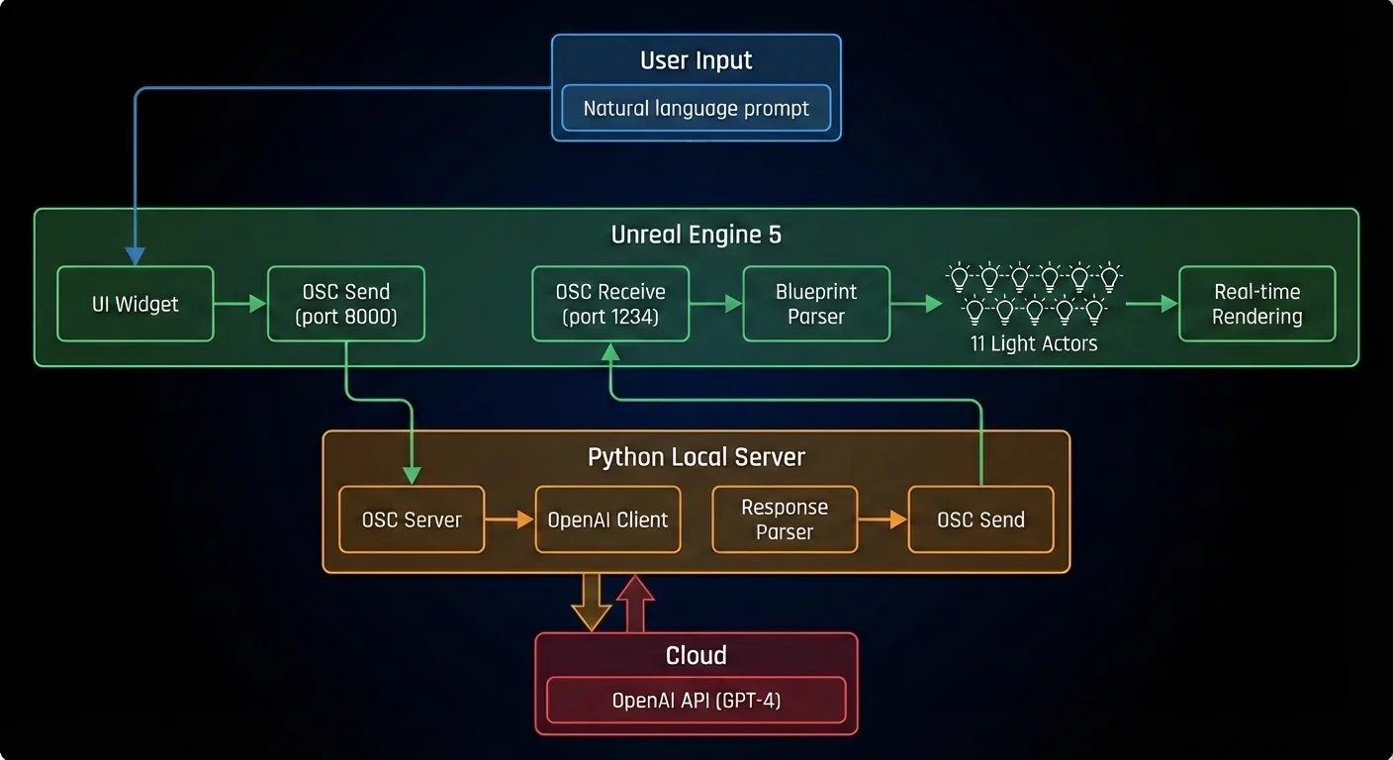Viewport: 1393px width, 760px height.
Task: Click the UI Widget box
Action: (x=136, y=304)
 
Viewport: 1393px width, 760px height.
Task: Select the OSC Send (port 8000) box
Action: (x=346, y=304)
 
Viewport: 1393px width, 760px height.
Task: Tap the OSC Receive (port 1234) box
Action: (x=610, y=304)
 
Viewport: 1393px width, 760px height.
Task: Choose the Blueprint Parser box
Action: (x=816, y=304)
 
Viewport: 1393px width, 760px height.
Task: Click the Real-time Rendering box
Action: (x=1256, y=304)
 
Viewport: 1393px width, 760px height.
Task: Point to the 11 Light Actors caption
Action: (x=1034, y=344)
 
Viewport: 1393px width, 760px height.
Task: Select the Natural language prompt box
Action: (x=696, y=109)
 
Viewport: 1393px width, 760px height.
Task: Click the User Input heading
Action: (x=696, y=60)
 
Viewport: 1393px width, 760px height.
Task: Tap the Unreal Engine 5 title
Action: (x=696, y=235)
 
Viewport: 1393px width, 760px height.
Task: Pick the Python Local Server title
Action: (x=696, y=457)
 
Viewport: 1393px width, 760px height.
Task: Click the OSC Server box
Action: (x=412, y=520)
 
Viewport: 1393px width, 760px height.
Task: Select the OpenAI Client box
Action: (x=607, y=520)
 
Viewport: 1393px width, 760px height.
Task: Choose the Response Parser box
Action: (x=785, y=520)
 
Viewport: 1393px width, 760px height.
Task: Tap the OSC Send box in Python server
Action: (x=980, y=520)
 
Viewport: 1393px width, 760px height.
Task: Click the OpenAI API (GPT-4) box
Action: (x=696, y=701)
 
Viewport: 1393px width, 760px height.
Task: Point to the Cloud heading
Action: (x=696, y=656)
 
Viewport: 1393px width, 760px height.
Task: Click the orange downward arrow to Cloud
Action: (x=592, y=602)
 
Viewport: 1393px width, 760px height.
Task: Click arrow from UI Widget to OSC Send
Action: (x=240, y=304)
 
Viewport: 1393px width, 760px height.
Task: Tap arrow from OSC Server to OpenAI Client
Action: (x=510, y=520)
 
